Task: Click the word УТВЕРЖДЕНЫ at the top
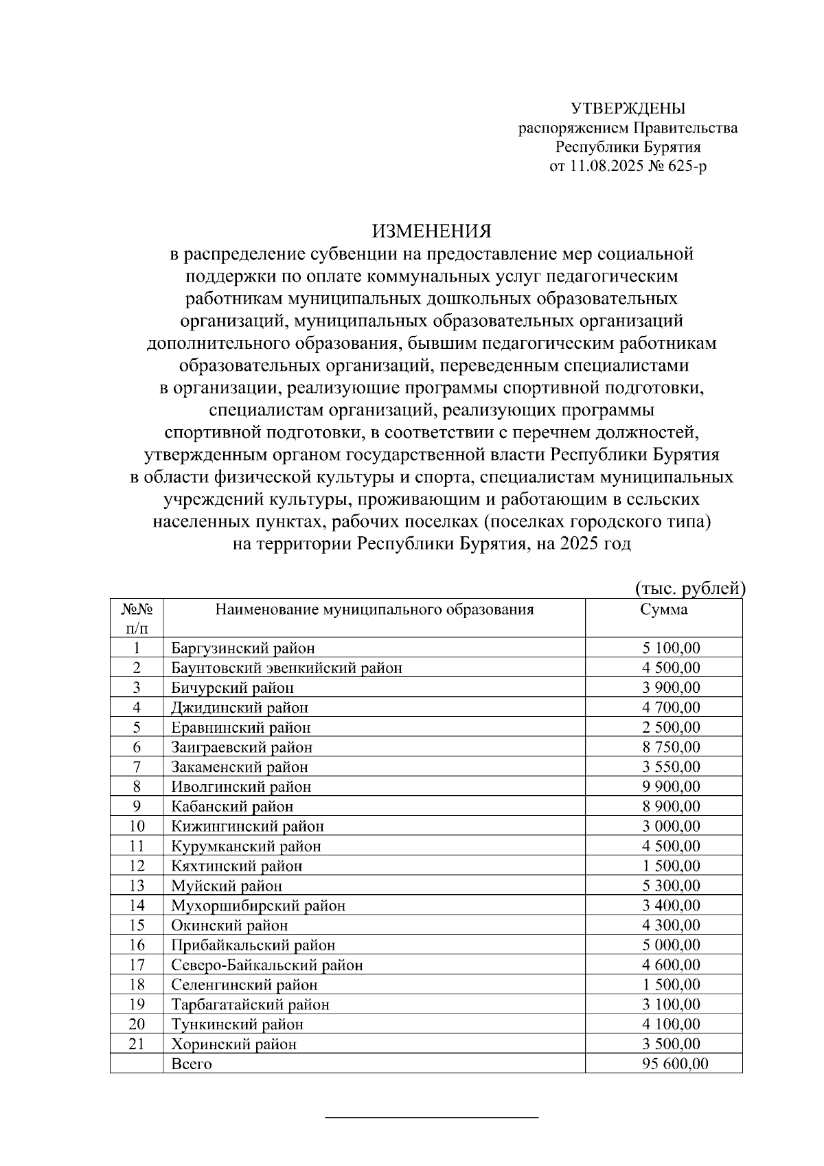pos(628,108)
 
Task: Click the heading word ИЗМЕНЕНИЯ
pos(432,230)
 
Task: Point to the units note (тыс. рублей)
pos(689,588)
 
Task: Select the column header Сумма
pos(663,610)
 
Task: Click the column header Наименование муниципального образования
pos(374,610)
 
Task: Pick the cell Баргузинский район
pos(243,648)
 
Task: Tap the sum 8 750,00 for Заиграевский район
pos(671,746)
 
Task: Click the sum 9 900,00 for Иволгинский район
pos(671,786)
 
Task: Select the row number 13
pos(137,886)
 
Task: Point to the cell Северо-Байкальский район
pos(266,965)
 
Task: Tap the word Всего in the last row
pos(192,1064)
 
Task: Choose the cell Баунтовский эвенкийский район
pos(286,667)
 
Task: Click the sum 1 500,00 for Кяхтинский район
pos(671,866)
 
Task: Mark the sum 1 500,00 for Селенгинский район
pos(671,985)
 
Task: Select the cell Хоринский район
pos(234,1044)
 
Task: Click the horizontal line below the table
pos(431,1118)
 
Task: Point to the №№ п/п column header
pos(137,618)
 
